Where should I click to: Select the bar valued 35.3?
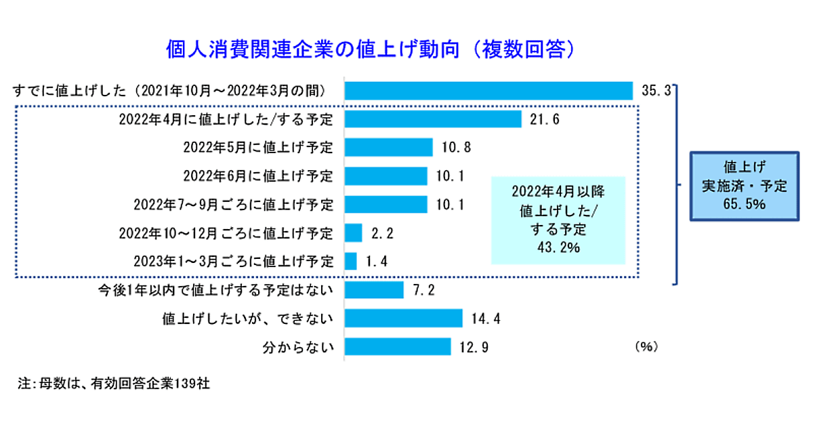pos(488,90)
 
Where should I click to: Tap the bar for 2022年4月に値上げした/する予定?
pos(433,119)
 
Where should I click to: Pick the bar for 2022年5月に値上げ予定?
pos(389,147)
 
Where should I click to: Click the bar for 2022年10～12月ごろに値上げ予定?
pos(354,232)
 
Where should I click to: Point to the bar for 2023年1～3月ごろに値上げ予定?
pos(351,261)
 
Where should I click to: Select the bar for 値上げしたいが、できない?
pos(404,318)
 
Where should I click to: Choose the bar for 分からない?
pos(398,346)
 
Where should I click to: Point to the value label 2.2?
pos(383,233)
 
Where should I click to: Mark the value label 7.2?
pos(423,290)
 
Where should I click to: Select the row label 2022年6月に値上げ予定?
pos(258,176)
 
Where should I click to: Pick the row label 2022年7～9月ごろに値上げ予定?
pos(234,205)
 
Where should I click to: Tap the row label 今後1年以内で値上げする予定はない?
pos(215,290)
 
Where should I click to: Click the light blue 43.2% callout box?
pos(558,218)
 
